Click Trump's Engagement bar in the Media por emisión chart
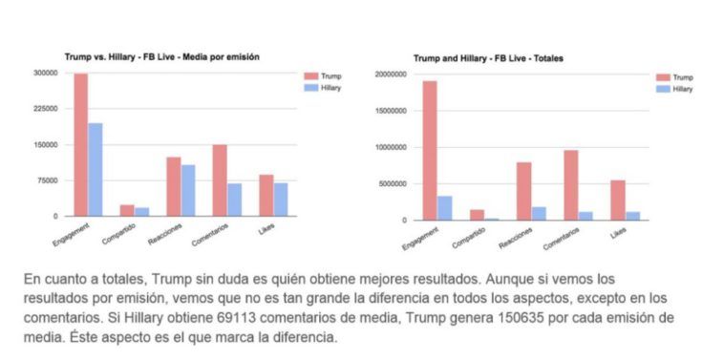pos(81,144)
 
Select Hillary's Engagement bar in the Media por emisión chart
pos(96,170)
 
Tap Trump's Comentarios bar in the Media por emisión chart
pos(220,180)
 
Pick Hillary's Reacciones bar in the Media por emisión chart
pos(188,191)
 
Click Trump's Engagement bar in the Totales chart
pos(430,151)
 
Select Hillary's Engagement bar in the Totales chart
pos(444,208)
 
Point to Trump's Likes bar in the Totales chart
pos(618,201)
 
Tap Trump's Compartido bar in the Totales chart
pos(477,215)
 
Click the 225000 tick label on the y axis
pos(46,108)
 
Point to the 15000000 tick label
pos(391,111)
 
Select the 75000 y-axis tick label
pos(49,180)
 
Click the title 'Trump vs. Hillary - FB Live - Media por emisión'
pos(162,57)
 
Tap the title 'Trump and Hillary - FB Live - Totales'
pos(488,58)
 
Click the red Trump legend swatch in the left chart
pos(311,76)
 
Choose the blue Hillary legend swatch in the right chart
pos(664,89)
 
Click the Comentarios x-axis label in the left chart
pos(209,235)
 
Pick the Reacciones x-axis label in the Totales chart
pos(516,238)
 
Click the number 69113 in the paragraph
pos(237,317)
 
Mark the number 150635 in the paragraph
pos(519,317)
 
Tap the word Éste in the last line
pos(83,336)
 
